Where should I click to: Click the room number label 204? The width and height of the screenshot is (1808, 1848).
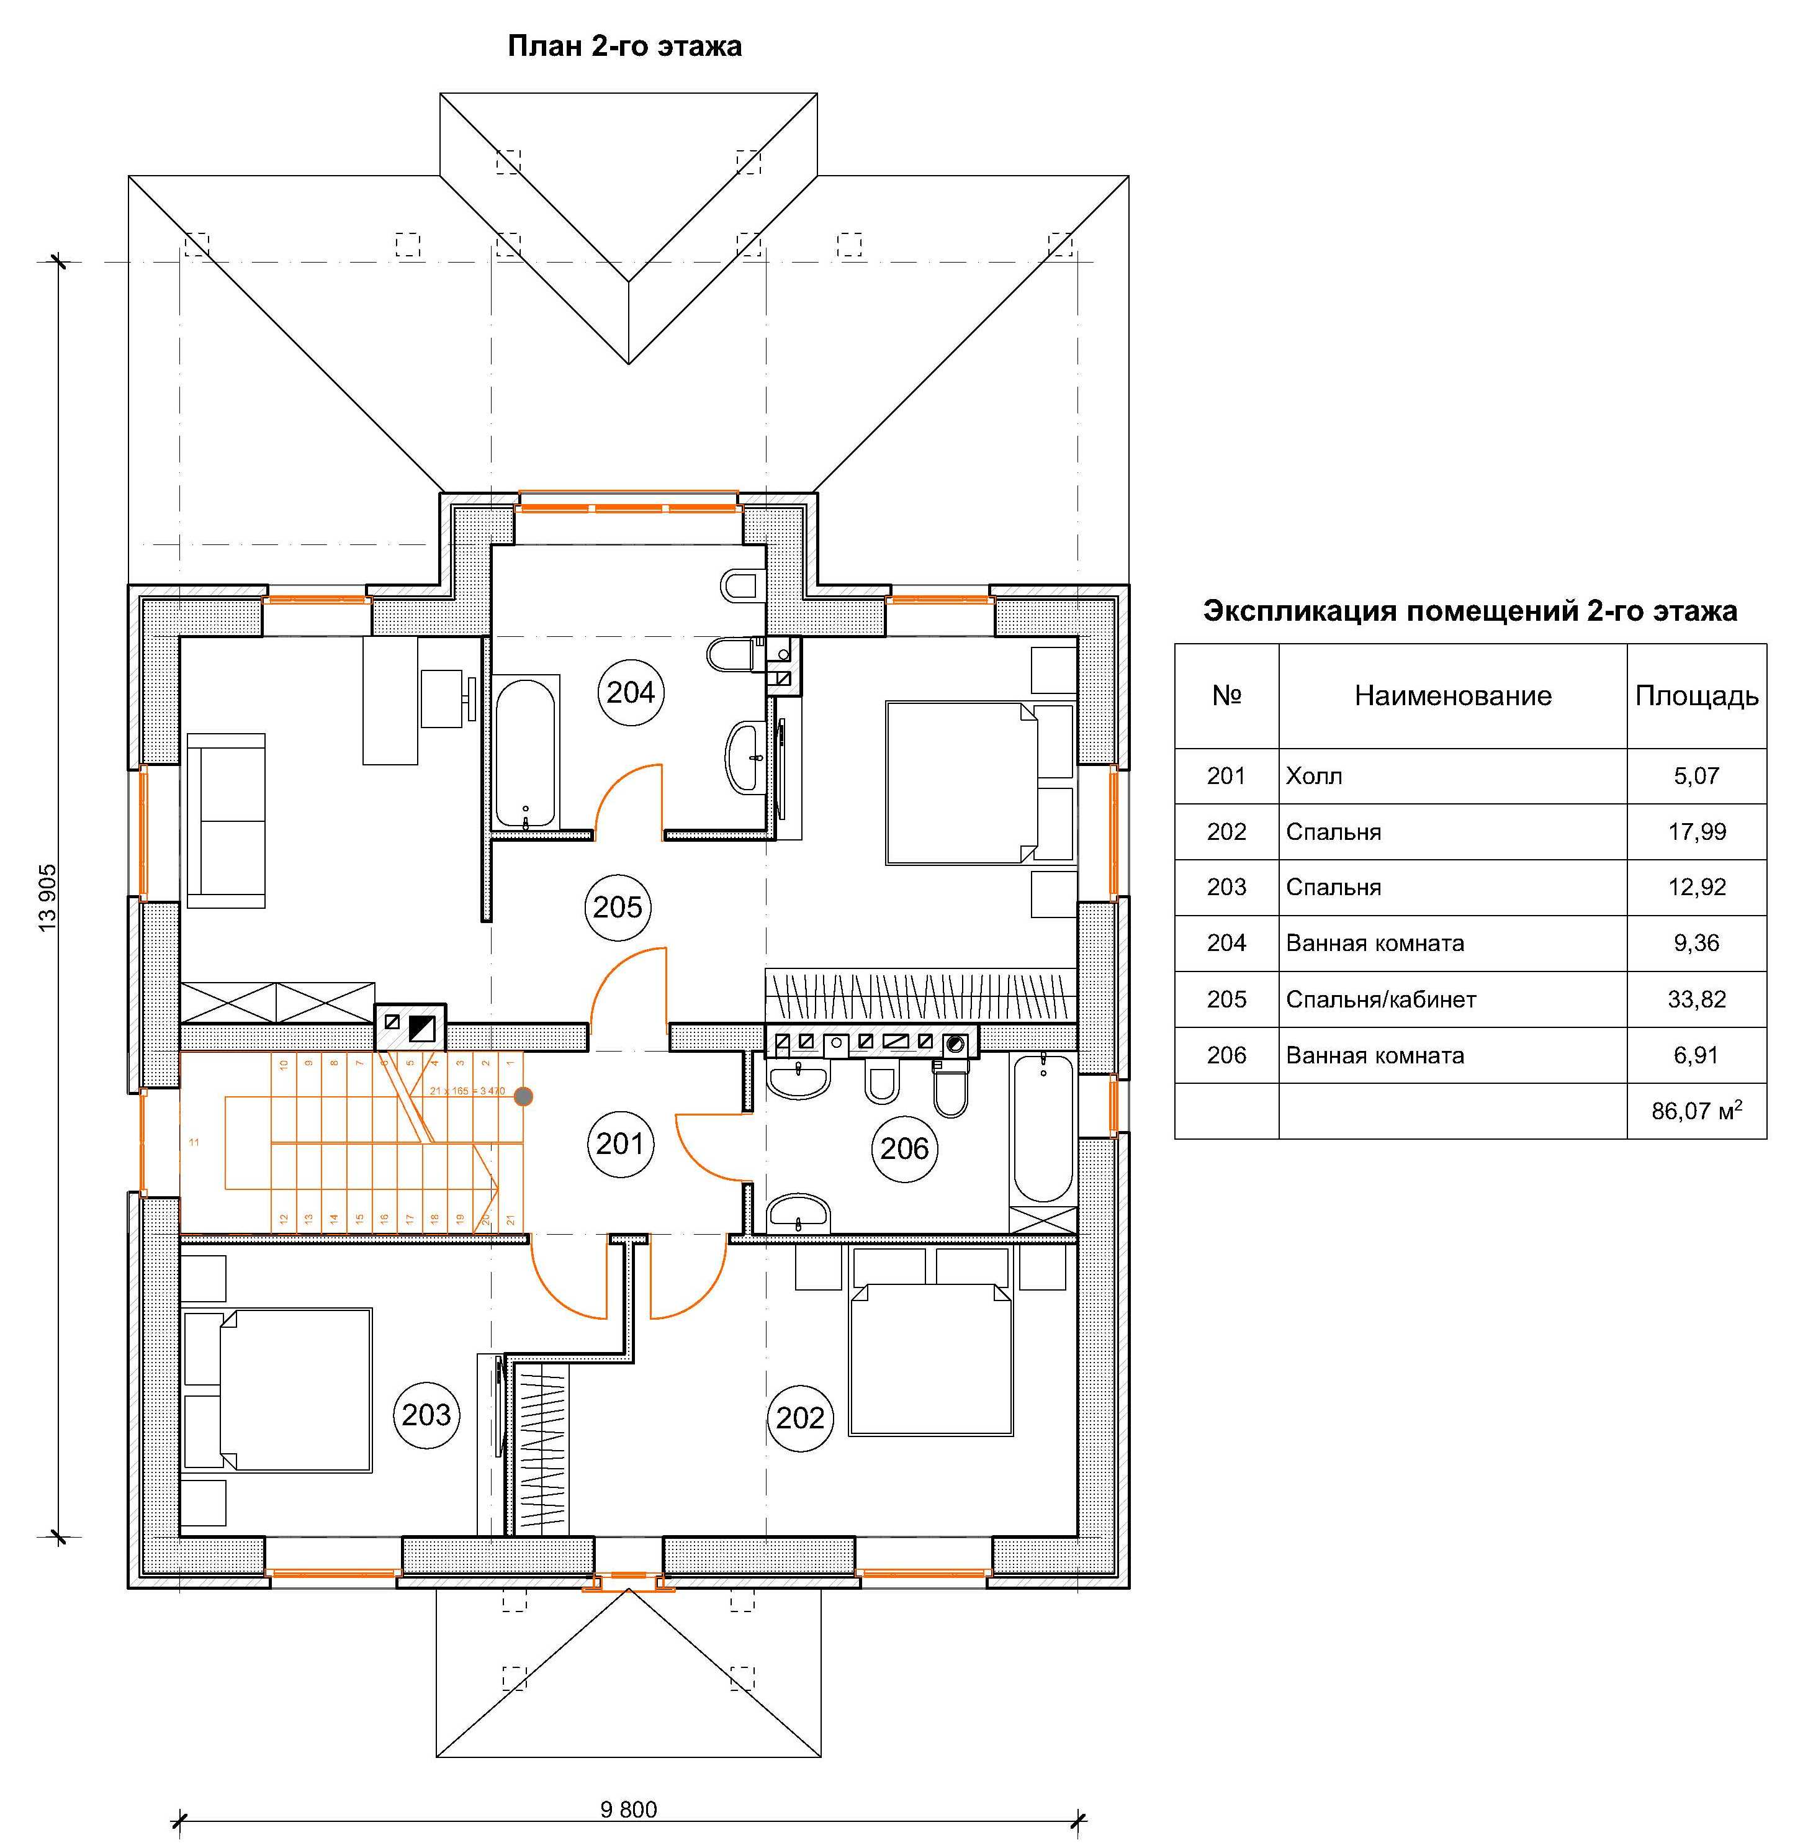pos(631,692)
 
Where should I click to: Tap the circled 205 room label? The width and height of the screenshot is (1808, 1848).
pos(617,907)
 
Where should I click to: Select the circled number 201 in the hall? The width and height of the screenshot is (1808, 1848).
pos(620,1143)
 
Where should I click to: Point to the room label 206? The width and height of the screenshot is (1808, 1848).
pos(903,1148)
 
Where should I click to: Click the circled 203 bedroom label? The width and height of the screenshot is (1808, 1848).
pos(425,1415)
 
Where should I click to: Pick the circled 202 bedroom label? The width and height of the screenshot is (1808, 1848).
pos(799,1418)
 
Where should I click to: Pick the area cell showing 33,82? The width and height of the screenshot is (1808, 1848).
pos(1696,999)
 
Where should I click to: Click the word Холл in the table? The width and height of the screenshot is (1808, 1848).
pos(1314,776)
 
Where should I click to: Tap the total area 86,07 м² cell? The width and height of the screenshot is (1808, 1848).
pos(1696,1110)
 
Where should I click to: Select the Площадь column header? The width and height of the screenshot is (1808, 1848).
pos(1696,696)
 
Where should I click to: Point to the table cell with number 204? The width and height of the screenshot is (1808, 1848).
pos(1226,943)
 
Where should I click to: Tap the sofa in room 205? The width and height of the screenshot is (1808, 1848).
pos(226,821)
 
